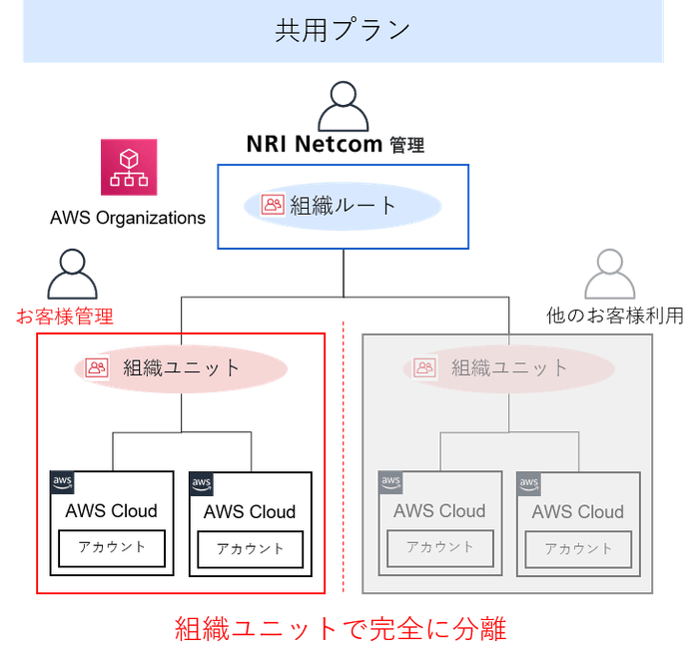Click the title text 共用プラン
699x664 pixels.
coord(343,30)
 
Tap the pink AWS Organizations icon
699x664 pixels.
coord(129,167)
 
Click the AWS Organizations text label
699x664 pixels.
coord(127,218)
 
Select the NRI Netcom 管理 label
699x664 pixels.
coord(337,145)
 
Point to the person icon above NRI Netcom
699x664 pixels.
coord(344,105)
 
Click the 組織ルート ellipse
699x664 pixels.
coord(344,206)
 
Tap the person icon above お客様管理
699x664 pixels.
coord(71,275)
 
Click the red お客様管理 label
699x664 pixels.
coord(65,318)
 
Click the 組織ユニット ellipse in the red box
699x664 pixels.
coord(180,367)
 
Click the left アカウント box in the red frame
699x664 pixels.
coord(111,547)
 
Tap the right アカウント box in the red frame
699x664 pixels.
coord(250,549)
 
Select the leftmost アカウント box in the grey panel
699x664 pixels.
coord(439,547)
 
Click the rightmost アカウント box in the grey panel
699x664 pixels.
coord(578,549)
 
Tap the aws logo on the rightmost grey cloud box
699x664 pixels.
coord(528,485)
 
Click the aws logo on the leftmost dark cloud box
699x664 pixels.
coord(63,483)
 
